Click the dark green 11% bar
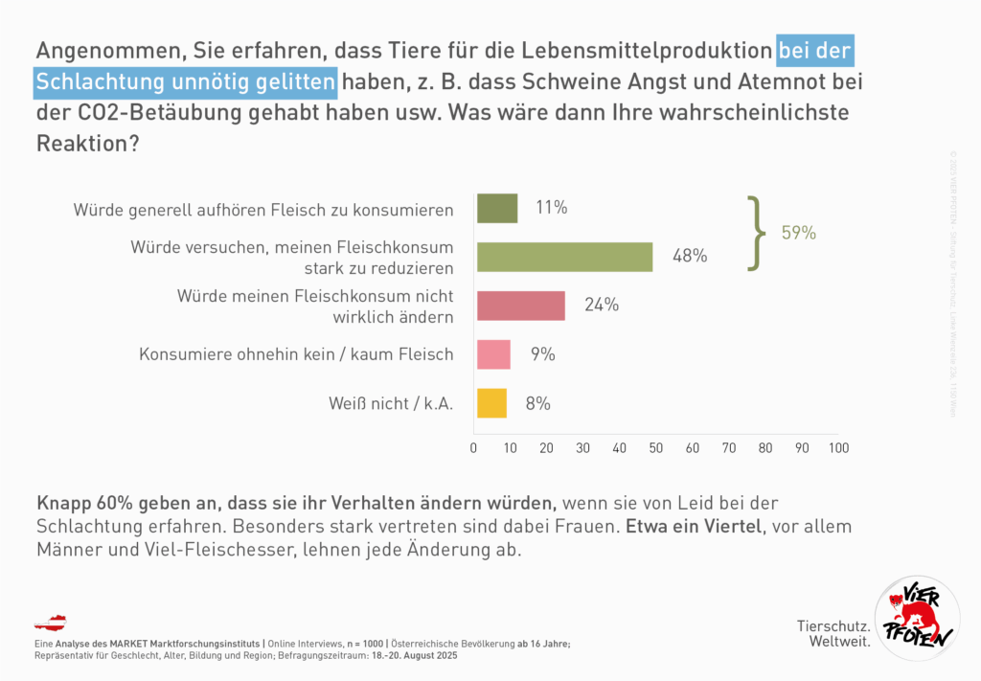pyautogui.click(x=497, y=208)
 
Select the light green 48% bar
pyautogui.click(x=564, y=257)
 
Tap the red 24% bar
pyautogui.click(x=520, y=305)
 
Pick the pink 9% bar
pyautogui.click(x=493, y=354)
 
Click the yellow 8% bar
pyautogui.click(x=491, y=403)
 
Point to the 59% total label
pyautogui.click(x=798, y=233)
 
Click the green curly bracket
pyautogui.click(x=759, y=233)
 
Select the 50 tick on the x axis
pyautogui.click(x=656, y=448)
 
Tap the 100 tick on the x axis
pyautogui.click(x=838, y=448)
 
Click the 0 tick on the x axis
pyautogui.click(x=474, y=448)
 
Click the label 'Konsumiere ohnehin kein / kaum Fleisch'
pyautogui.click(x=296, y=354)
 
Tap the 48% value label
pyautogui.click(x=689, y=256)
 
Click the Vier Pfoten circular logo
pyautogui.click(x=917, y=619)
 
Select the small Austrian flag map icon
pyautogui.click(x=50, y=623)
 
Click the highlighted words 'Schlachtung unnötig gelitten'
pyautogui.click(x=186, y=82)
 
